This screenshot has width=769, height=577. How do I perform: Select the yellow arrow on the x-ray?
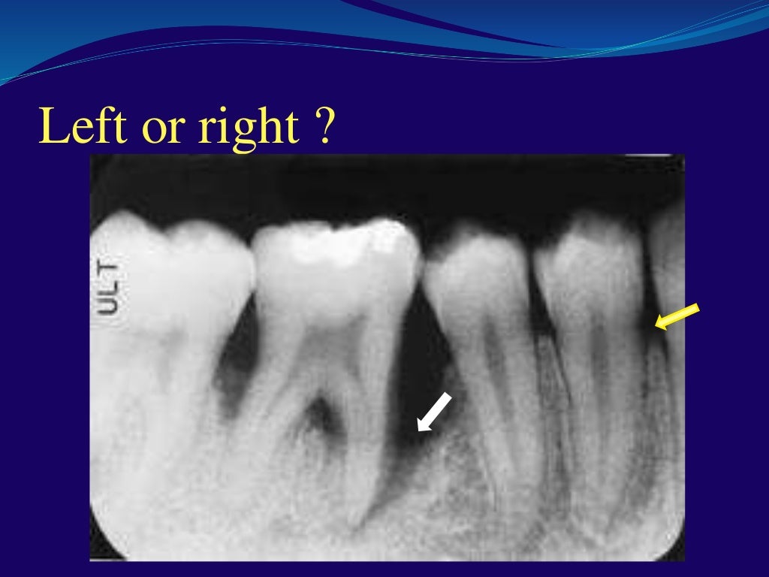click(x=677, y=316)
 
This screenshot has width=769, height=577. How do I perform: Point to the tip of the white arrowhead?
click(x=419, y=431)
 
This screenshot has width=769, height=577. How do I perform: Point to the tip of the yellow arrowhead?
click(x=656, y=327)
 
